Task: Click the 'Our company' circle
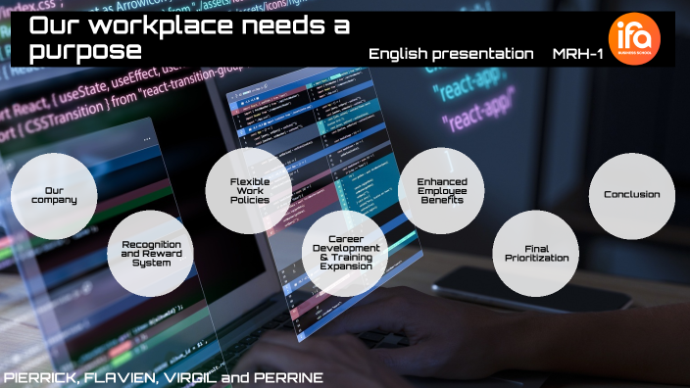(x=54, y=194)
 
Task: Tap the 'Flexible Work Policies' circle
(x=250, y=190)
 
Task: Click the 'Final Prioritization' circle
(x=534, y=253)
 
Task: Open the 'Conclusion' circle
(x=631, y=194)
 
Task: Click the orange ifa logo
(x=634, y=37)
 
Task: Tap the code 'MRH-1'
(x=577, y=53)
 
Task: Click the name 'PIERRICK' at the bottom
(x=40, y=377)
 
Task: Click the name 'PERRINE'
(x=286, y=377)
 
